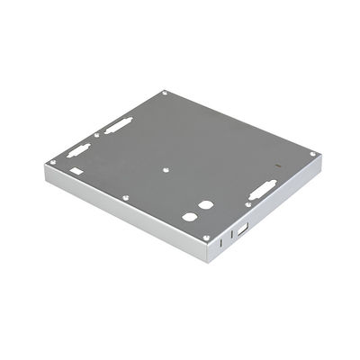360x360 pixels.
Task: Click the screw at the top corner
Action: (x=165, y=94)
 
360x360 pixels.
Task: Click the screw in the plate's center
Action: (x=167, y=168)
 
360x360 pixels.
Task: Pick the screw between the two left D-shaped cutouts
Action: (x=95, y=138)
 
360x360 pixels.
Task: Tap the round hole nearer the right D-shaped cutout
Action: (x=205, y=204)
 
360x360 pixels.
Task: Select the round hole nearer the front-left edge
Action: (x=189, y=217)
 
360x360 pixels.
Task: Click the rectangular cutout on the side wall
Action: (x=242, y=230)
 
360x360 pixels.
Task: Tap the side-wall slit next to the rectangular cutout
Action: (x=231, y=236)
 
